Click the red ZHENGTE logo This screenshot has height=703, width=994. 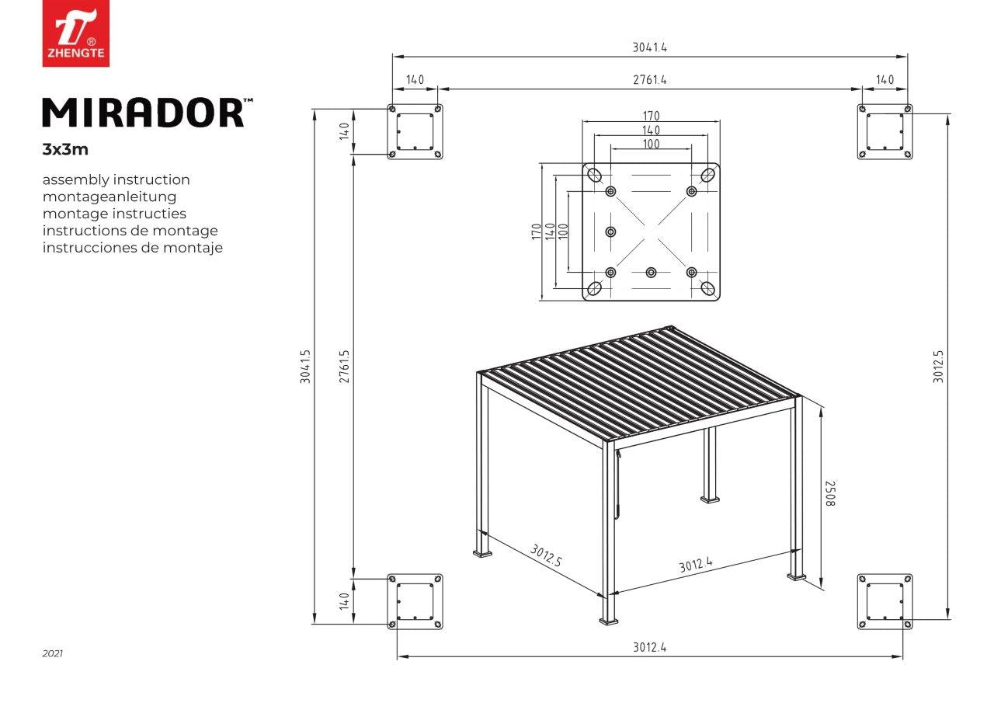76,33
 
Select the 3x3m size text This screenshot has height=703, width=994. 65,150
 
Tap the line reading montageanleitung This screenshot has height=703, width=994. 109,197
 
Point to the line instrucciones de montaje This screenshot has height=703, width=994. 133,247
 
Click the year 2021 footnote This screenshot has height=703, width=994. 52,653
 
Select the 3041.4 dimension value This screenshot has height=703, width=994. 650,47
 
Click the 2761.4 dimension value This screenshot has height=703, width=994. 650,80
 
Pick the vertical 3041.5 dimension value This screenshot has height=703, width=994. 306,367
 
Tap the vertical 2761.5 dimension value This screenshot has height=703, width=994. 344,367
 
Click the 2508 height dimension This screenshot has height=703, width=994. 830,493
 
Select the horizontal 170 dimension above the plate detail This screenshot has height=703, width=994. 651,116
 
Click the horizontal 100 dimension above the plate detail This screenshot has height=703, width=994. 651,144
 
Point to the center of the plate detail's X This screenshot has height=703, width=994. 651,231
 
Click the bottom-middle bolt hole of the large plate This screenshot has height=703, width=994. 651,272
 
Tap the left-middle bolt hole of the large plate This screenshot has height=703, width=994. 610,231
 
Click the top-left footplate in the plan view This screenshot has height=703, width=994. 415,131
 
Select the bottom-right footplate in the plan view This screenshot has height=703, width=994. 885,601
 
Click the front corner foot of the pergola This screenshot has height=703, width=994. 608,621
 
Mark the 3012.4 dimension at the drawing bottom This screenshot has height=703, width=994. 650,647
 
